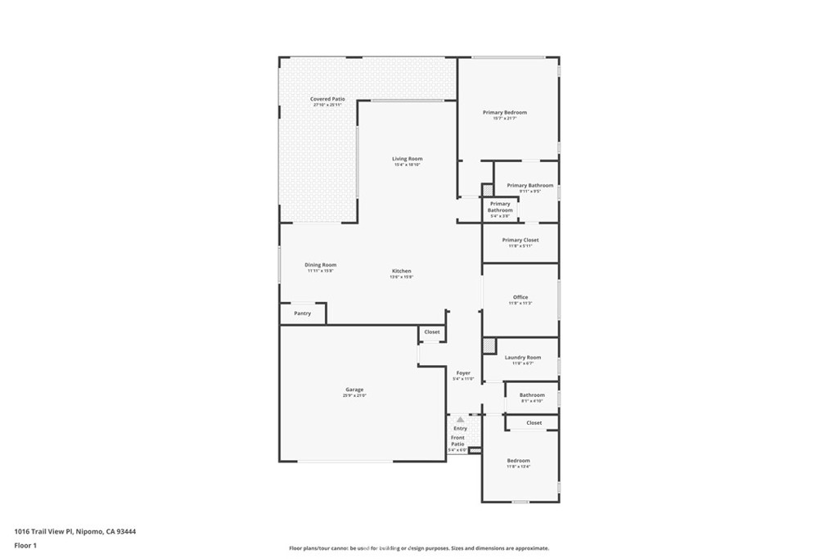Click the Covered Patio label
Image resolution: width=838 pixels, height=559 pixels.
tap(327, 99)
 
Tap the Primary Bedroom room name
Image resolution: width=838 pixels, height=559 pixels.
tap(504, 112)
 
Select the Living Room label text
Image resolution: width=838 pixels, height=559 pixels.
tap(407, 159)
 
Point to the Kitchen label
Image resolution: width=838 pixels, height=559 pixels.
tap(401, 271)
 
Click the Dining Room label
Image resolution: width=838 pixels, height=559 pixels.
tap(320, 265)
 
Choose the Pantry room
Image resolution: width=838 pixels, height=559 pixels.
tap(302, 313)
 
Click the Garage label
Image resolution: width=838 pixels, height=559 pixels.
tap(354, 390)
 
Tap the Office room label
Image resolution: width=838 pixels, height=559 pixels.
tap(520, 297)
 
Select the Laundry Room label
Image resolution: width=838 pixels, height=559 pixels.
tap(522, 358)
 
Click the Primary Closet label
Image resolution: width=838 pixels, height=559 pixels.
tap(520, 240)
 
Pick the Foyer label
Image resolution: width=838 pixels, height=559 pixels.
tap(463, 373)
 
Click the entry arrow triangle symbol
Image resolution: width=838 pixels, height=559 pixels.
tap(460, 419)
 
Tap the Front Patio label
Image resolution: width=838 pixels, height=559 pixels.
tap(457, 440)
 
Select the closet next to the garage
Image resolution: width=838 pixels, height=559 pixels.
tap(431, 332)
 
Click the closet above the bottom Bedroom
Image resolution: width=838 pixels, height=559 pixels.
tap(534, 423)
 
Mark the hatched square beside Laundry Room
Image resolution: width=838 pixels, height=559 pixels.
tap(489, 345)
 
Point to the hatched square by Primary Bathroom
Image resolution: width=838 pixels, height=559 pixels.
tap(487, 190)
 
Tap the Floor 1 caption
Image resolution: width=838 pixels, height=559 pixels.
tap(25, 544)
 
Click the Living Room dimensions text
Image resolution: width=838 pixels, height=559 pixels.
tap(407, 165)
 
